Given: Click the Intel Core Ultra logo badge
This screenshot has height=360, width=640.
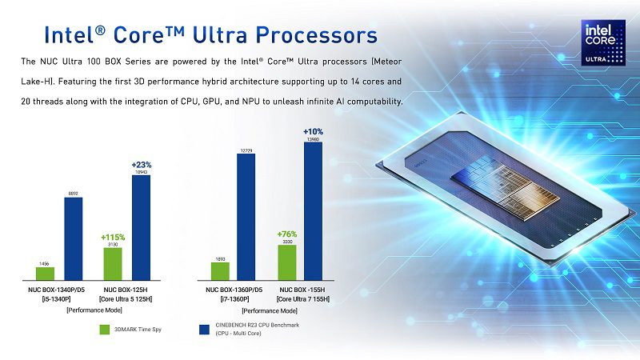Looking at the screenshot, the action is click(603, 43).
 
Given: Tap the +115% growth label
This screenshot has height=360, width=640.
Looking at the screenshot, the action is click(113, 237).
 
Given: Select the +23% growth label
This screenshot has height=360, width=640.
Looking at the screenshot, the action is click(142, 165).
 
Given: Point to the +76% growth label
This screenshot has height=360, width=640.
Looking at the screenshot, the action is click(287, 234).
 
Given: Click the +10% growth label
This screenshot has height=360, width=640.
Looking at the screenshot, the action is click(313, 131).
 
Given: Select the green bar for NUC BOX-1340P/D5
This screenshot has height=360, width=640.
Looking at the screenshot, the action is click(45, 274).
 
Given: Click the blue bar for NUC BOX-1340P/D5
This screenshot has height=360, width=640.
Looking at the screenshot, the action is click(74, 238).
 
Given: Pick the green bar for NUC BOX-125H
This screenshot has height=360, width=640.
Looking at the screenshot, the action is click(113, 264).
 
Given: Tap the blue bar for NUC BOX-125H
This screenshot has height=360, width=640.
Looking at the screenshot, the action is click(142, 228).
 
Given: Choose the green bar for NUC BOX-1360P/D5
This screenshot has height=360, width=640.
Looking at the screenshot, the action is click(220, 271).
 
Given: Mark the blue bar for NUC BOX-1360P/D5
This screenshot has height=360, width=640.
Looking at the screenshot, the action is click(246, 217).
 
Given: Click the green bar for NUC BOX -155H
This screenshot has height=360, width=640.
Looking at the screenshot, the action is click(287, 262).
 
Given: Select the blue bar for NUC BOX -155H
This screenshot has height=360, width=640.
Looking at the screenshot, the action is click(313, 211).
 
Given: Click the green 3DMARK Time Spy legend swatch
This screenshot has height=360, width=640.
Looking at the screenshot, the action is click(105, 330).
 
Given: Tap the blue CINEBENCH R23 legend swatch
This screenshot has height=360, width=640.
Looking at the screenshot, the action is click(204, 330).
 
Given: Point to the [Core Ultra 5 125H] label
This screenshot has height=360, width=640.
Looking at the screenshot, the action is click(126, 299).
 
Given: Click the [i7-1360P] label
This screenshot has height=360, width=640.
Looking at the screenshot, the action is click(234, 299).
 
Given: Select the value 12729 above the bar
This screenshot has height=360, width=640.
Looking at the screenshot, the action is click(246, 151).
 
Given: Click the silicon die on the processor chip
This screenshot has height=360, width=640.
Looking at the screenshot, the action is click(505, 187).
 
